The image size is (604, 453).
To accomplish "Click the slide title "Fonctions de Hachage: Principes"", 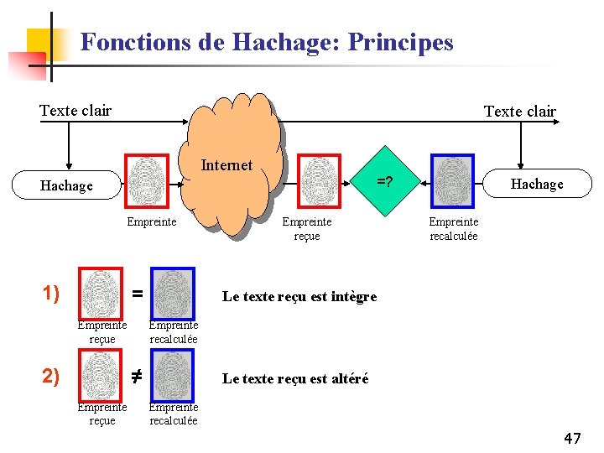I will point(267,42).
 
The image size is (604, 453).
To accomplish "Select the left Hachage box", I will point(66,185).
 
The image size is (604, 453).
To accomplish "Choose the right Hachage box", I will point(538,184).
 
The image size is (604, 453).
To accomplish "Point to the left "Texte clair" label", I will point(75,110).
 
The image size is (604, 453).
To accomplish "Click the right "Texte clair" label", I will point(519,112).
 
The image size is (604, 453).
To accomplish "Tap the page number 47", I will point(572,438).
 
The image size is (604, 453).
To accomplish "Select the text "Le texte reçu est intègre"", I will point(299,296).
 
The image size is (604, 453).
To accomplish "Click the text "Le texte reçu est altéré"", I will point(294,378).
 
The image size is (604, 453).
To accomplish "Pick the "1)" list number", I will point(51,293).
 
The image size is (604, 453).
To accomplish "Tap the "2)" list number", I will point(51,375).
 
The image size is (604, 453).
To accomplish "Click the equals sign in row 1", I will point(138,294).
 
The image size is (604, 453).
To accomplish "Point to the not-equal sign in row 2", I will point(138,376).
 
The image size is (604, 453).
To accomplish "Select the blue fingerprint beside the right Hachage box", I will point(453,180).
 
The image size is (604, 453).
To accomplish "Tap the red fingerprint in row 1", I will point(101,294).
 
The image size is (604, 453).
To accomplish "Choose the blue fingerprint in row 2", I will point(173,375).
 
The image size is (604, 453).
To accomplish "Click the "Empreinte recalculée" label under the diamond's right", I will point(453,228).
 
